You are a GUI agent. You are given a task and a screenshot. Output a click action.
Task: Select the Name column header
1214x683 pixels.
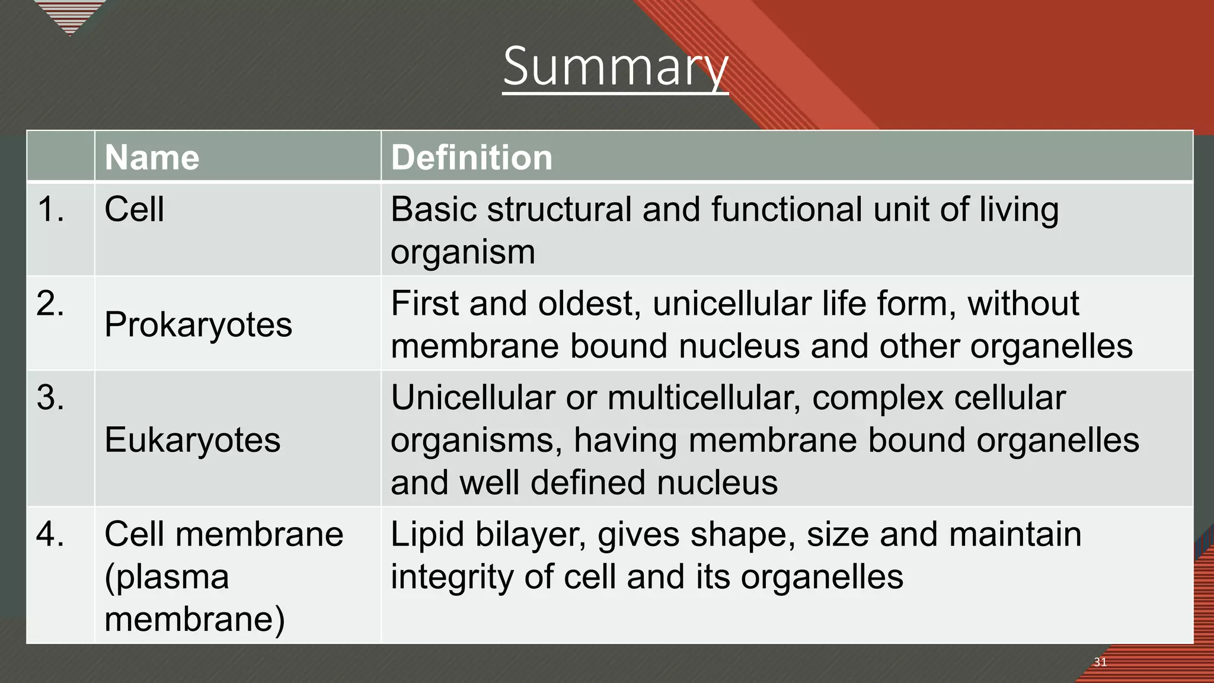click(152, 158)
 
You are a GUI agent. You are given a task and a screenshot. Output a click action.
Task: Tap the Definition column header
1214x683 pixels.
click(471, 158)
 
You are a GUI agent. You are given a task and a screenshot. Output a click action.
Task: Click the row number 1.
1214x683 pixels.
click(50, 209)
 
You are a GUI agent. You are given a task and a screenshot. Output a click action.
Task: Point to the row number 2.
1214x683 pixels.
click(50, 304)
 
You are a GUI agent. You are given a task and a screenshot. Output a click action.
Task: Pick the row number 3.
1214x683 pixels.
click(50, 397)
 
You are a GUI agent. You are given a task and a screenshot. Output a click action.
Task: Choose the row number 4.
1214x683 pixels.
click(50, 534)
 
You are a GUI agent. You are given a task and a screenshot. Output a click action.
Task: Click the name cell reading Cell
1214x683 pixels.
click(134, 209)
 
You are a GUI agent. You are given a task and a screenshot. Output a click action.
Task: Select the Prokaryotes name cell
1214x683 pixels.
click(198, 325)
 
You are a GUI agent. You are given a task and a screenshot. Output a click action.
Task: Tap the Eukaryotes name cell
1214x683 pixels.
click(192, 440)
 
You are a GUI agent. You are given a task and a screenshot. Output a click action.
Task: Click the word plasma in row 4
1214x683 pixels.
click(167, 577)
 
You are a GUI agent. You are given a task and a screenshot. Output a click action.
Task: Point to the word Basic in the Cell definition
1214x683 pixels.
click(433, 209)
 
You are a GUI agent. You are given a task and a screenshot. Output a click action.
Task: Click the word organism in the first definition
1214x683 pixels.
click(462, 252)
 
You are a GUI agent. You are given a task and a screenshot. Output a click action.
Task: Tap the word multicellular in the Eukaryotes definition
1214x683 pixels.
click(696, 397)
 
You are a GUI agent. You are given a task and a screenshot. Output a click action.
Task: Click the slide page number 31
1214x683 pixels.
click(1100, 662)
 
